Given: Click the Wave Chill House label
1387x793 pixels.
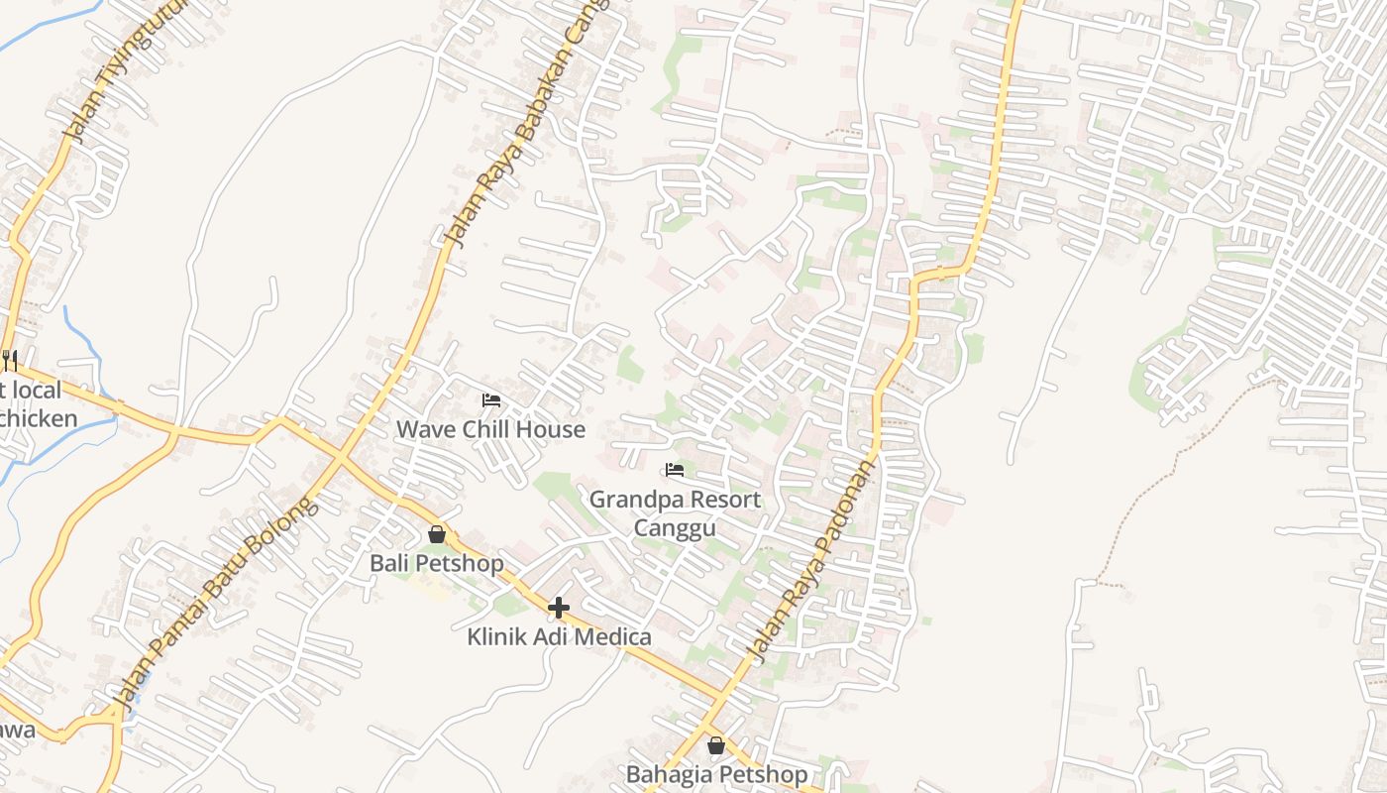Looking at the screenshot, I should [490, 429].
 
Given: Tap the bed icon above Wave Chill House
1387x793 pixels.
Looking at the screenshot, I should [491, 400].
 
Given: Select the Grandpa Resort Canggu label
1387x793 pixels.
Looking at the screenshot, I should [675, 512].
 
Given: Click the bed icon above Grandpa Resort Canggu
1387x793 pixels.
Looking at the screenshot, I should [675, 469].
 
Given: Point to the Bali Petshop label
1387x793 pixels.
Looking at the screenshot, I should [437, 563].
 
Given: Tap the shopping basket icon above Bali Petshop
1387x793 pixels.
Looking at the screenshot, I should [437, 535].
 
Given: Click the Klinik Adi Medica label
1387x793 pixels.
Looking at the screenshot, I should [559, 636].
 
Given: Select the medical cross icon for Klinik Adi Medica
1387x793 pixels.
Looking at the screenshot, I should [559, 608].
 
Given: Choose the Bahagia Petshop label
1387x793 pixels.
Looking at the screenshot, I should [716, 773].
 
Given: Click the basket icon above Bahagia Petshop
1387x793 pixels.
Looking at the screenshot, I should [716, 745].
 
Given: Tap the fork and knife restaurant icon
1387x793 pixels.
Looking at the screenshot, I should [9, 359].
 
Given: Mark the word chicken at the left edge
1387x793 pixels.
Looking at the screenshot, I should [38, 418].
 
